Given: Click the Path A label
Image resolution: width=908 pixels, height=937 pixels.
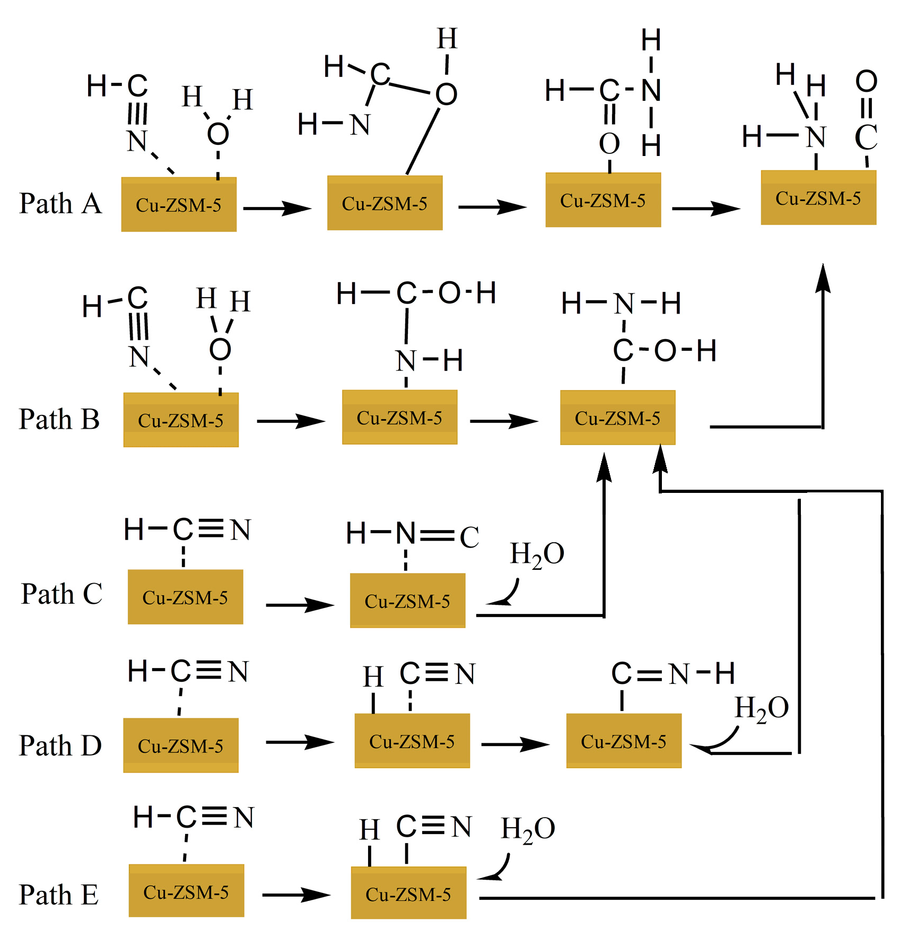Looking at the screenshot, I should pyautogui.click(x=60, y=204).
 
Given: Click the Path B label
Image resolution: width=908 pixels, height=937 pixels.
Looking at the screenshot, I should pyautogui.click(x=59, y=420).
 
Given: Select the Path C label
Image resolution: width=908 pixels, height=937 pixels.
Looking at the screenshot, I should pyautogui.click(x=61, y=594).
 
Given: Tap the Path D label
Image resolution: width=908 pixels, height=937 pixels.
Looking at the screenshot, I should pyautogui.click(x=60, y=746).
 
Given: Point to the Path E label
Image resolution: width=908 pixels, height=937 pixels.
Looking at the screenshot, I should pyautogui.click(x=58, y=895).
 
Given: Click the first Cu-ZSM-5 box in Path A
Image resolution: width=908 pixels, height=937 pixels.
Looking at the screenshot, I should pyautogui.click(x=179, y=205).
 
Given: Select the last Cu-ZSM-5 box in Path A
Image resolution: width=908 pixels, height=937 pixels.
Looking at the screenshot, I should pyautogui.click(x=818, y=198).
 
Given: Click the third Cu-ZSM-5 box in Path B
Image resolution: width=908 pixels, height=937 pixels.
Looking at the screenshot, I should pyautogui.click(x=617, y=418).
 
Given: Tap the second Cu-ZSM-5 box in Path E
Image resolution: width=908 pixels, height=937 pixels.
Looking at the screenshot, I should pyautogui.click(x=408, y=895).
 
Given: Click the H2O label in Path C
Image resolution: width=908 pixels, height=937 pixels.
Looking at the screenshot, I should pyautogui.click(x=537, y=554).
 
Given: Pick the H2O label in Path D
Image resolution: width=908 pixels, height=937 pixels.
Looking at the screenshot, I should pyautogui.click(x=762, y=708).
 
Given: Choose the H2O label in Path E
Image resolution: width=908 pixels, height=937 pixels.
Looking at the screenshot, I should pyautogui.click(x=528, y=829).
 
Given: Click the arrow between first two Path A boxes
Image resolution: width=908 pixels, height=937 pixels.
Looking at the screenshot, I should pyautogui.click(x=277, y=209).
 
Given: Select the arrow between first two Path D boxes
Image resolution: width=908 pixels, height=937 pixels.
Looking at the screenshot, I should pyautogui.click(x=300, y=742).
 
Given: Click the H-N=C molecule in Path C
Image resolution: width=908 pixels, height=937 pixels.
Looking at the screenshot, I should pyautogui.click(x=412, y=534).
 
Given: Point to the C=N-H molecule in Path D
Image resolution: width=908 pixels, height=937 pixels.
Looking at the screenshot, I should pyautogui.click(x=673, y=674).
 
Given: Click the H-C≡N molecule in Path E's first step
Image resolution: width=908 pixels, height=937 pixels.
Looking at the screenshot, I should pyautogui.click(x=193, y=817).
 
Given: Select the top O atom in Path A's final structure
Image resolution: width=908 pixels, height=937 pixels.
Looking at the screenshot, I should pyautogui.click(x=866, y=81).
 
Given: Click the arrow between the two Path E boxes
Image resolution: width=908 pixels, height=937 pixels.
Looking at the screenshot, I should pyautogui.click(x=296, y=895).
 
